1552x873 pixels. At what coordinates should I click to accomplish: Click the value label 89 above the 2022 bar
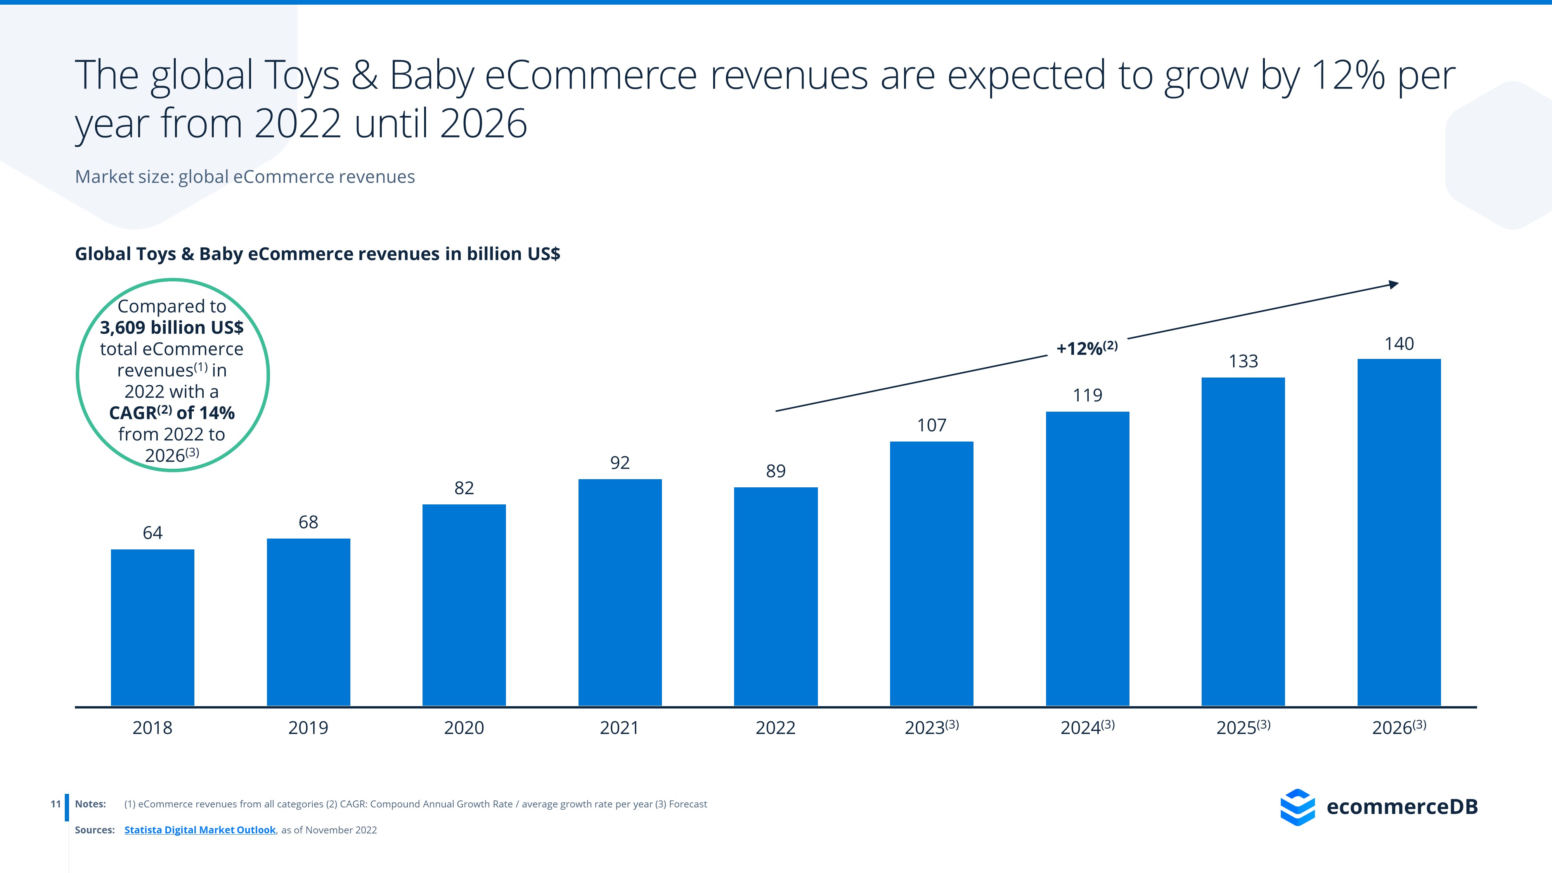coord(775,471)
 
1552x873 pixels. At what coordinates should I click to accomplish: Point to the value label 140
coord(1399,344)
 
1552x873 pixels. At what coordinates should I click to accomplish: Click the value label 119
coord(1088,396)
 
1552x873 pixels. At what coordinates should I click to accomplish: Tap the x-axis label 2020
coord(464,728)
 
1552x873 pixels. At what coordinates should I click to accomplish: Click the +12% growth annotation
coord(1086,348)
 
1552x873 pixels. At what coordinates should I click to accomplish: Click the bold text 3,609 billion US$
coord(172,328)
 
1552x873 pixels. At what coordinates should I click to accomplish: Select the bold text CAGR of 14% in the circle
coord(172,413)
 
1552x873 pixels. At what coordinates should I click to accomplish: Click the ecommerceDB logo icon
coord(1297,807)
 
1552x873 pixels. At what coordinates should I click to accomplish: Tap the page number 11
coord(55,804)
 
